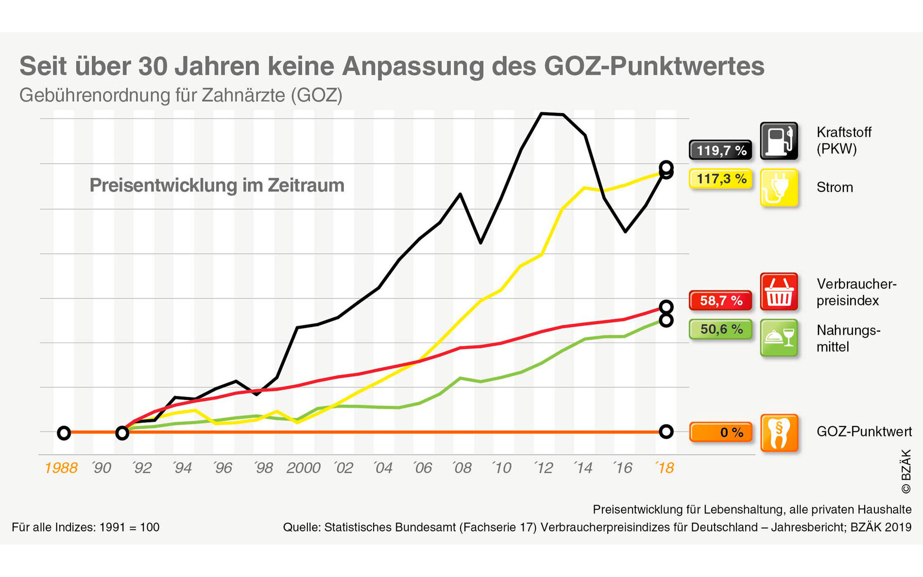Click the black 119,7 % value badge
tap(720, 150)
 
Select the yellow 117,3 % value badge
tap(720, 179)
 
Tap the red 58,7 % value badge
tap(720, 300)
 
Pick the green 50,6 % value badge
tap(720, 329)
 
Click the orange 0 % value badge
tap(720, 432)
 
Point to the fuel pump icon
tap(779, 141)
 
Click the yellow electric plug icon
tap(779, 187)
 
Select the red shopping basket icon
tap(779, 291)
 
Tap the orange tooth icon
tap(779, 432)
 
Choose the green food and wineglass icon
tap(779, 338)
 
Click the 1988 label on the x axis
tap(61, 468)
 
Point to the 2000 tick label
tap(303, 468)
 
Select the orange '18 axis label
tap(664, 468)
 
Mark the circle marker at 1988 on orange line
tap(64, 433)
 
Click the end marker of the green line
tap(666, 320)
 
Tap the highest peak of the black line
tap(542, 114)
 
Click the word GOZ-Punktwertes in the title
tap(654, 66)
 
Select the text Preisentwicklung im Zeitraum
tap(217, 186)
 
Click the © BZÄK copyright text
tap(906, 471)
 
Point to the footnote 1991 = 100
tap(129, 527)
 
